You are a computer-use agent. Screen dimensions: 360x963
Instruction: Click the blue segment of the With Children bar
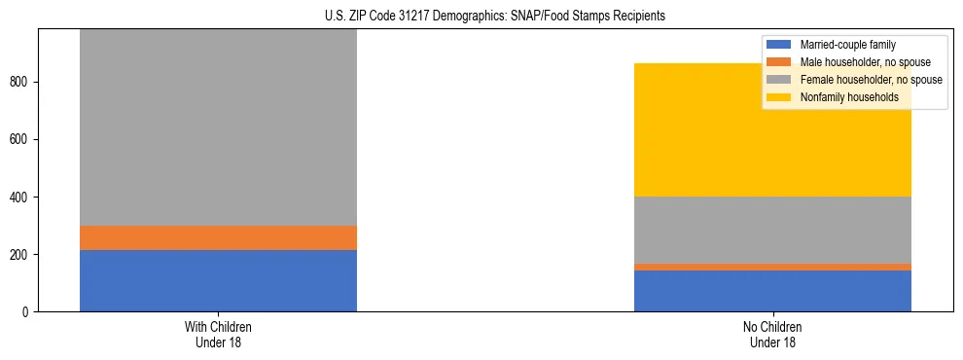[x=218, y=280]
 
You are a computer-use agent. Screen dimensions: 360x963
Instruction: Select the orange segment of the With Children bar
[x=218, y=237]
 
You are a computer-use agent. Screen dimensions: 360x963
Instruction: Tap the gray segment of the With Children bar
[x=218, y=126]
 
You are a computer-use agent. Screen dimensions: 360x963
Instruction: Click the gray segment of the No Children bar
[x=772, y=230]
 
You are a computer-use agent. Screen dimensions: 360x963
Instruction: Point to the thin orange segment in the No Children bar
[x=772, y=267]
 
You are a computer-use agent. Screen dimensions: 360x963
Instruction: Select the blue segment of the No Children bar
[x=772, y=291]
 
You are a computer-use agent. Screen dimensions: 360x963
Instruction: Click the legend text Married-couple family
[x=847, y=45]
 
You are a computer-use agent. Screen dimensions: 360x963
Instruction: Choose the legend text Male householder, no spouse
[x=861, y=62]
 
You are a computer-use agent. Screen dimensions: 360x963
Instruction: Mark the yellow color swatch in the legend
[x=780, y=97]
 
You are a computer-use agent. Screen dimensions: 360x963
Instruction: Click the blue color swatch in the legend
[x=780, y=45]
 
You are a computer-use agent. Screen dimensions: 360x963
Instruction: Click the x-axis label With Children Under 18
[x=218, y=334]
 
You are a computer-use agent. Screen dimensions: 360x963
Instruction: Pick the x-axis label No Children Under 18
[x=772, y=334]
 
